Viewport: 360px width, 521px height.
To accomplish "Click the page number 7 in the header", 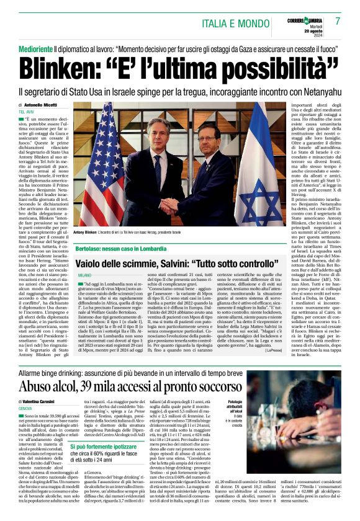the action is coord(338,20).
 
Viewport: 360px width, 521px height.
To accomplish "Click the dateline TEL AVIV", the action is coord(26,112).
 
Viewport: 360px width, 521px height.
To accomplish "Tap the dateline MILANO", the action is coord(84,274).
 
